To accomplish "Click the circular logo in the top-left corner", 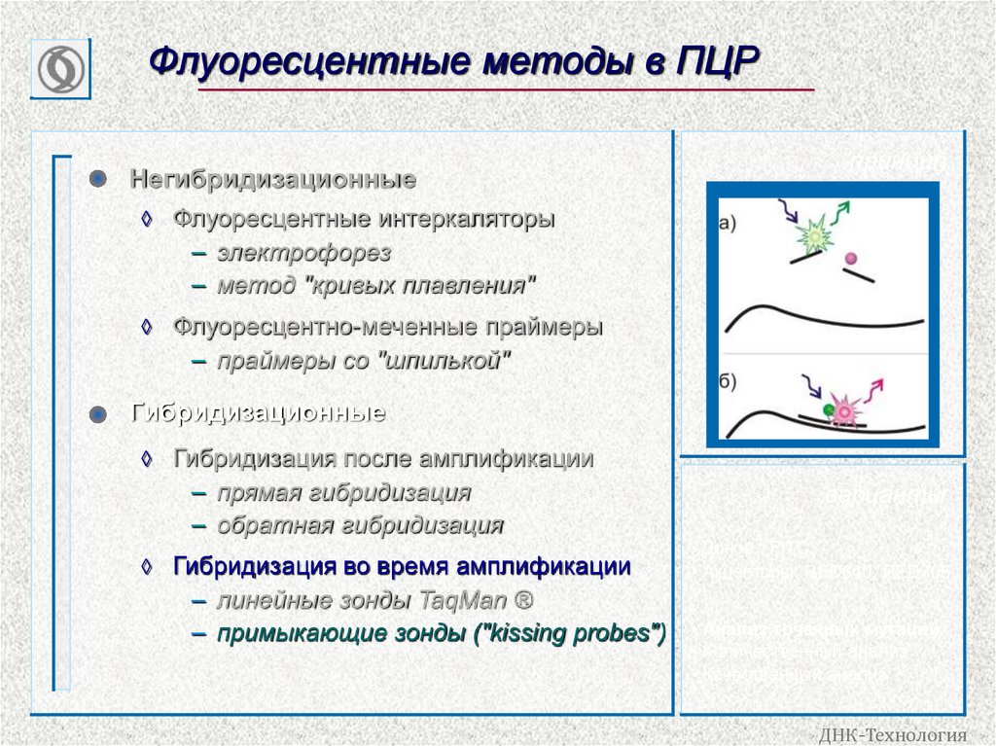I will pyautogui.click(x=60, y=69).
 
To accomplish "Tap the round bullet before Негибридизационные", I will pyautogui.click(x=95, y=179).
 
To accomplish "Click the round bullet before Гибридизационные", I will pyautogui.click(x=95, y=414).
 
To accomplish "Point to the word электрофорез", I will pyautogui.click(x=303, y=254).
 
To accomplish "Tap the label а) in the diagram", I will pyautogui.click(x=728, y=223).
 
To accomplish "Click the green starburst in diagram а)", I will pyautogui.click(x=813, y=236).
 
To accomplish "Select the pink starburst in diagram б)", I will pyautogui.click(x=843, y=410).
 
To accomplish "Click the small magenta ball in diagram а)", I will pyautogui.click(x=852, y=259).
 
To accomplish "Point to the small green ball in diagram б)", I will pyautogui.click(x=827, y=409).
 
